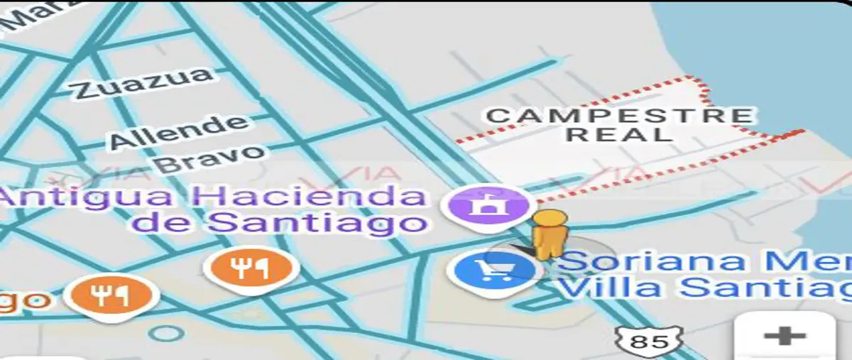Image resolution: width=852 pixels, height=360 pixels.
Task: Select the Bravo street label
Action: pos(210,158)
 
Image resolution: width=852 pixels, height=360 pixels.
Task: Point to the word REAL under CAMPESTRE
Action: pos(619,135)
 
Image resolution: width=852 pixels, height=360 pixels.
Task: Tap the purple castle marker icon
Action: pos(486,206)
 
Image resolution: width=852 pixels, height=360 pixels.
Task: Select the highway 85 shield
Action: pos(649,342)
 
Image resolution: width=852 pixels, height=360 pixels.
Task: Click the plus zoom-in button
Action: pos(785,335)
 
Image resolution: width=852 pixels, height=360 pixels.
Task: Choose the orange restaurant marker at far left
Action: pos(110,295)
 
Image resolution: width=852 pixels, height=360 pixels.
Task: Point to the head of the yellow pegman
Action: pos(550,218)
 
